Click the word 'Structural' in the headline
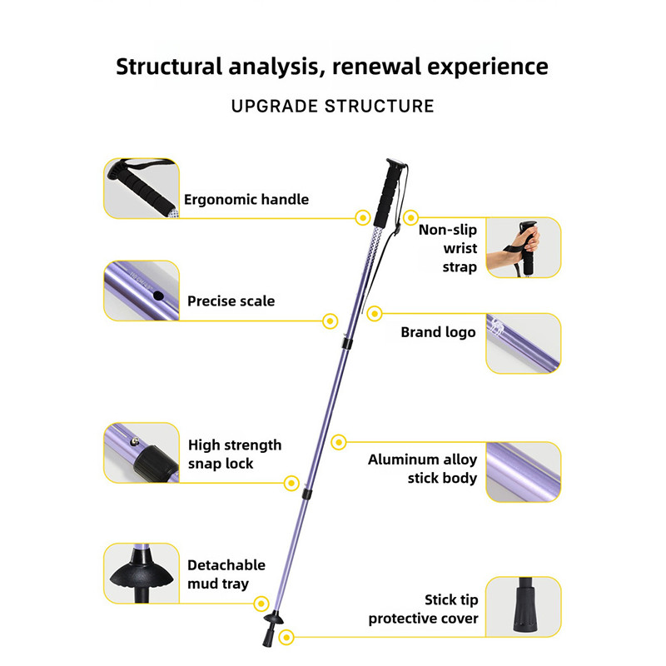click(x=169, y=67)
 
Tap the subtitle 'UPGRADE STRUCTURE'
click(x=332, y=107)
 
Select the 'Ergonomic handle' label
click(x=246, y=200)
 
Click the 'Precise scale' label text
click(x=231, y=301)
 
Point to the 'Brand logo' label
click(x=439, y=332)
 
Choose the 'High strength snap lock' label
click(x=235, y=454)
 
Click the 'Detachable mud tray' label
click(x=226, y=574)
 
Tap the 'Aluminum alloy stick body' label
click(x=423, y=469)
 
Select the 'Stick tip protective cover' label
click(x=424, y=609)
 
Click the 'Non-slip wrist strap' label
click(x=448, y=248)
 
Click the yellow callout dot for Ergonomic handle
click(x=363, y=218)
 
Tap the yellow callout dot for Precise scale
click(x=330, y=321)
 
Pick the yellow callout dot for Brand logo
click(x=374, y=314)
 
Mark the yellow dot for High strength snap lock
click(x=291, y=483)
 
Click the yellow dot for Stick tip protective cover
click(x=286, y=637)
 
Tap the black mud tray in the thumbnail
click(x=142, y=574)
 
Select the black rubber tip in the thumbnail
click(x=525, y=605)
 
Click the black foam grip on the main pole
click(x=389, y=193)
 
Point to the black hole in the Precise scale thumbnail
click(x=158, y=296)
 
